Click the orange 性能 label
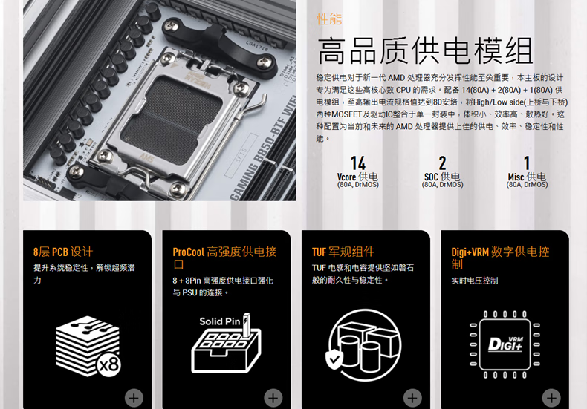click(x=329, y=19)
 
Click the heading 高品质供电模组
click(x=425, y=51)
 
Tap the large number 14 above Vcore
click(x=358, y=163)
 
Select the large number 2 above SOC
click(x=443, y=163)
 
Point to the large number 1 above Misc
click(x=527, y=163)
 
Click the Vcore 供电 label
click(x=357, y=177)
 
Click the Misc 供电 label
click(x=527, y=177)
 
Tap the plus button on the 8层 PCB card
click(x=134, y=398)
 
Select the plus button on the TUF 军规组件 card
click(x=412, y=398)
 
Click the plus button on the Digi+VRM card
click(x=551, y=398)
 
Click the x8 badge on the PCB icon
click(x=109, y=364)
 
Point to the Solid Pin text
click(x=220, y=321)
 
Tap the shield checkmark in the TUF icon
click(x=334, y=360)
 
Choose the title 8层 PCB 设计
click(x=63, y=252)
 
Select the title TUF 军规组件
click(x=343, y=252)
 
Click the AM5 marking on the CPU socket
click(x=147, y=157)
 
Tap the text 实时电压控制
click(x=474, y=281)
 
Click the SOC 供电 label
click(x=442, y=177)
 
